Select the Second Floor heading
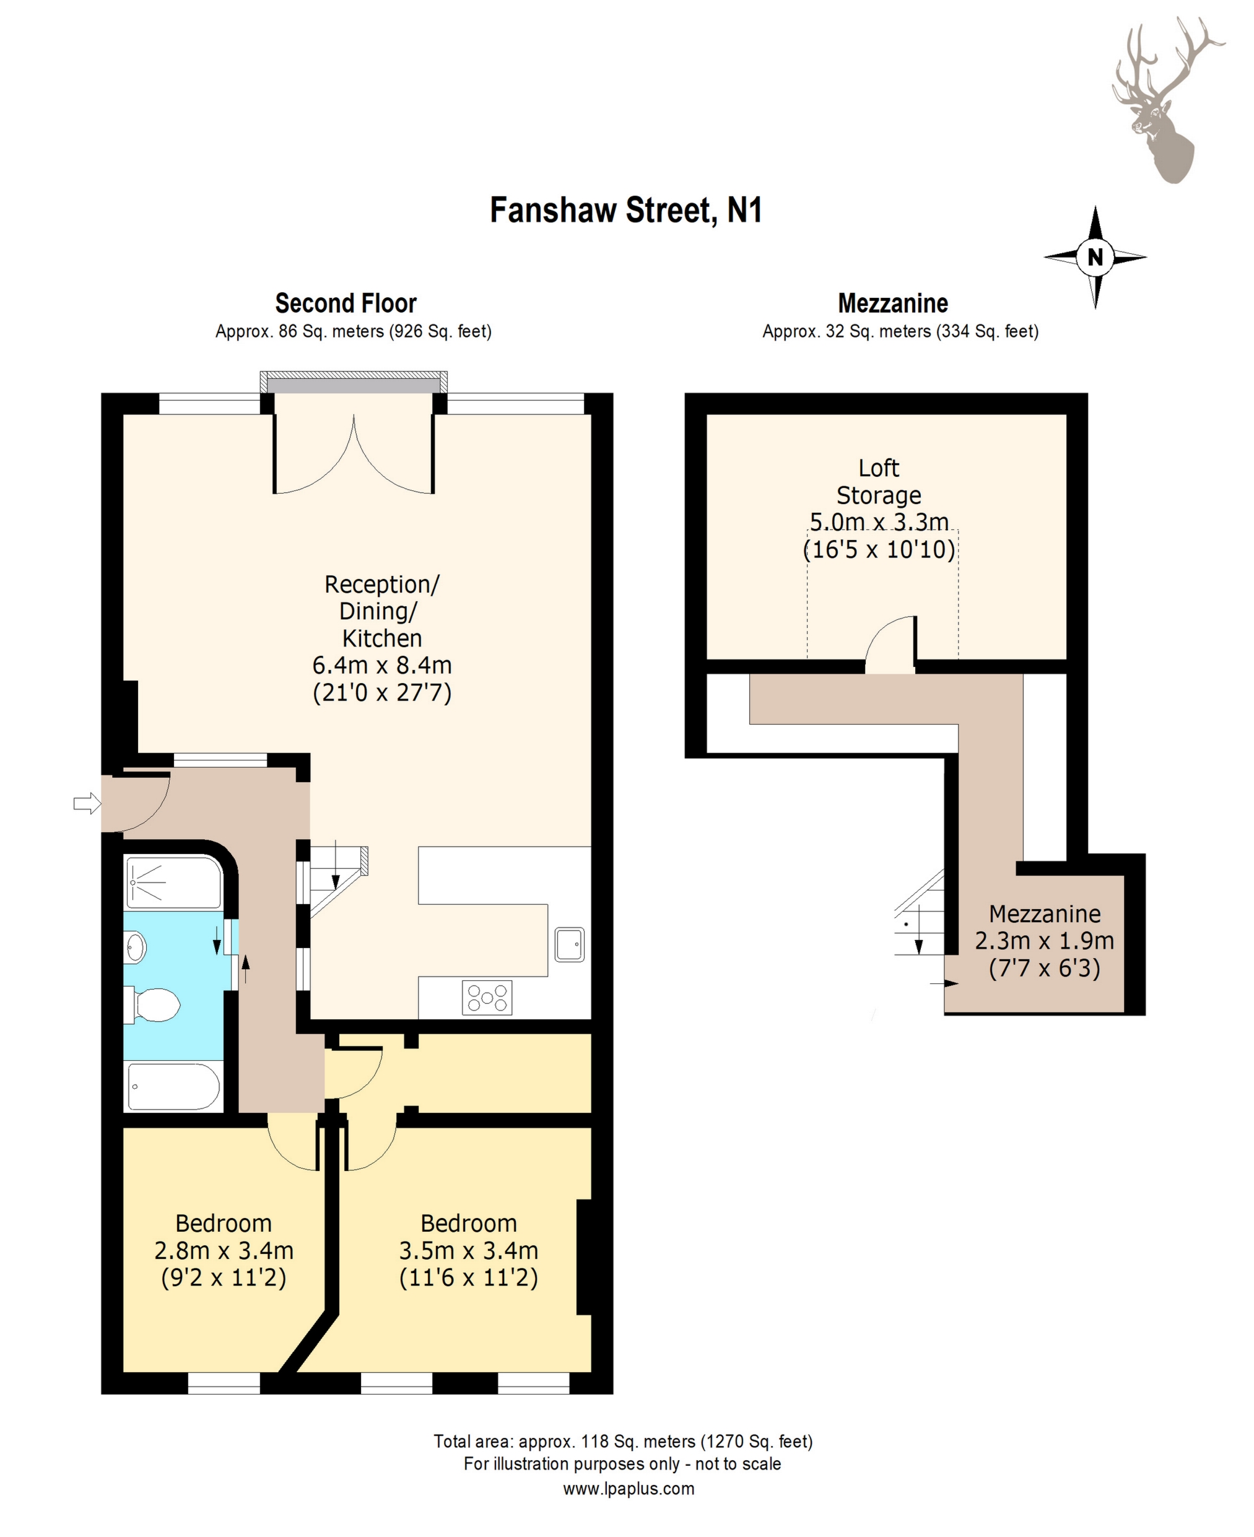(346, 303)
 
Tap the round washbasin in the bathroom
(135, 947)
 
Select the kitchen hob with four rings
(487, 998)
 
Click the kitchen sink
(569, 943)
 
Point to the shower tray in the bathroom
(173, 882)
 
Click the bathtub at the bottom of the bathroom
(173, 1086)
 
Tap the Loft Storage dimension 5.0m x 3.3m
(879, 521)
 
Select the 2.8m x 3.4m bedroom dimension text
(224, 1250)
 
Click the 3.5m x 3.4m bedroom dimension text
(469, 1250)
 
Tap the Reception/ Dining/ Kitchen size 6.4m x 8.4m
(382, 664)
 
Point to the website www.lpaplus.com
(629, 1489)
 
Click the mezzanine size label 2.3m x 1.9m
(1045, 941)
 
